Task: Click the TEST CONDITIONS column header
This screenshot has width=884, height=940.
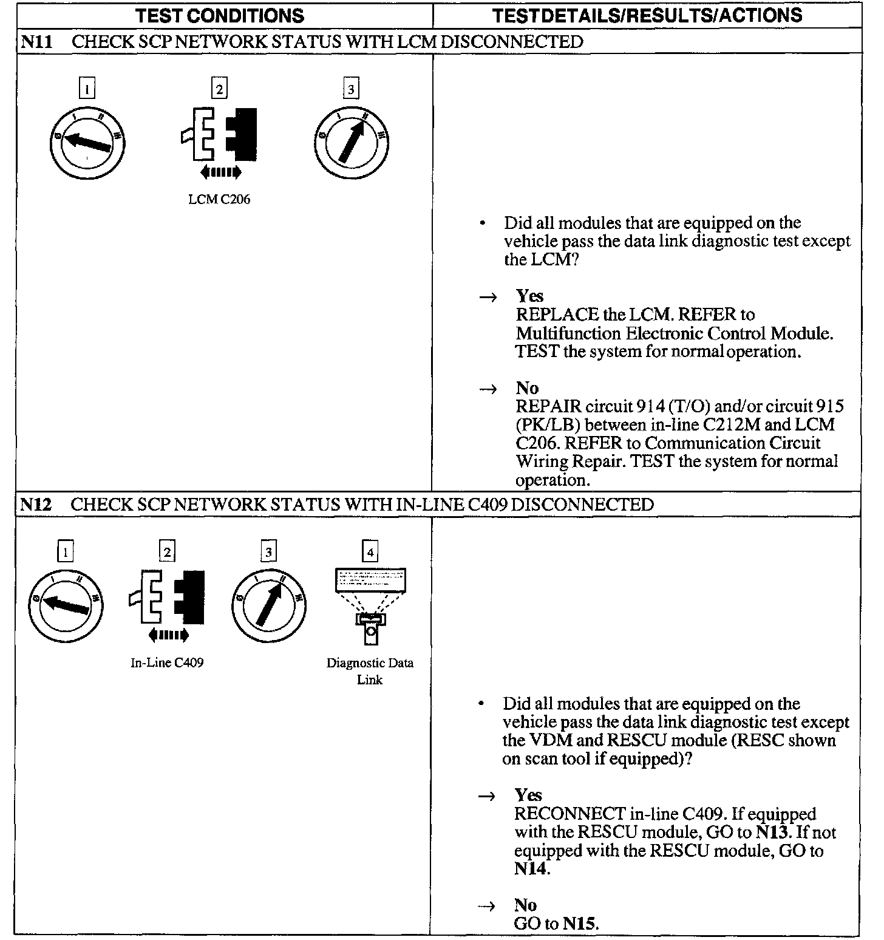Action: point(220,16)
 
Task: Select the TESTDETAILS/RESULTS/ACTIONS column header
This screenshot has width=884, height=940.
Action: point(647,16)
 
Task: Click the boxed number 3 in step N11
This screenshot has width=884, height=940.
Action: point(351,90)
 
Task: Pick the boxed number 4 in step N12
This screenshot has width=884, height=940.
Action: point(370,552)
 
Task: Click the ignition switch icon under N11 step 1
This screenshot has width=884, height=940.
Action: point(87,143)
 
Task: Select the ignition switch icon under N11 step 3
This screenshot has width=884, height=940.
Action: point(352,144)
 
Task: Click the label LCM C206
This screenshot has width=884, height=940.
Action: point(219,199)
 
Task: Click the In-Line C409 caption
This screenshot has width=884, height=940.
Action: point(167,662)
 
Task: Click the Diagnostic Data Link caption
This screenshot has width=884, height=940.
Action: point(370,671)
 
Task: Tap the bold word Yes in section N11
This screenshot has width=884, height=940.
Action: point(529,296)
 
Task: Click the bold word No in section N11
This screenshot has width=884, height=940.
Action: point(527,388)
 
